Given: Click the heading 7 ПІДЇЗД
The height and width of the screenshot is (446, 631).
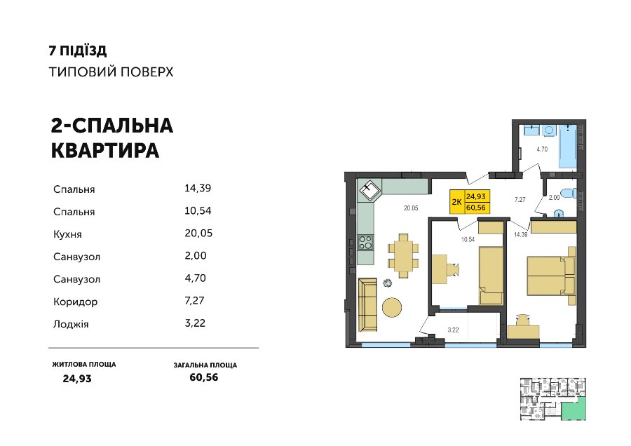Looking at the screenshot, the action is coord(78,50).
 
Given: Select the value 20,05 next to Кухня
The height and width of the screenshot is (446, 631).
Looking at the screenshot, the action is coord(198,234).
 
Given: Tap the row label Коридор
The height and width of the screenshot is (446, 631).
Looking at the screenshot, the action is coord(75,302).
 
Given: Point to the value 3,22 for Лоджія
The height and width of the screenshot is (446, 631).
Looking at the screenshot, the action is coord(195,323).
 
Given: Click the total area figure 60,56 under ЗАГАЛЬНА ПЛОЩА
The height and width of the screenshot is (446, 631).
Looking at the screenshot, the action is coord(204,377).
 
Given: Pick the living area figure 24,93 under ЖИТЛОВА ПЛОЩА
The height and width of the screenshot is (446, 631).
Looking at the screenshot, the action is coord(77,379).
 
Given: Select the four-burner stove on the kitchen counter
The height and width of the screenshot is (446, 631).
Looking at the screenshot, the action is coord(366,243).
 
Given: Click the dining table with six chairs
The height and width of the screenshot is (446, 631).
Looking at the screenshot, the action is coord(403,255).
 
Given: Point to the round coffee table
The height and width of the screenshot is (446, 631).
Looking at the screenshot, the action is coord(391,308).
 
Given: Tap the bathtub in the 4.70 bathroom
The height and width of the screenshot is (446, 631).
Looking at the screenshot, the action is coord(568,146).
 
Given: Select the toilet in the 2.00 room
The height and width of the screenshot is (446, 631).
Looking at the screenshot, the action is coord(569,194).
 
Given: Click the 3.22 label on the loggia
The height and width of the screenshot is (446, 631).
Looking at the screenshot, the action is coord(453,330).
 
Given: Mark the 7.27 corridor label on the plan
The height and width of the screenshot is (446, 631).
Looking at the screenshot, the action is coord(520,200).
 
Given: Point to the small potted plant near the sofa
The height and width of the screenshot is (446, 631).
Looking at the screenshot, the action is coord(388,283).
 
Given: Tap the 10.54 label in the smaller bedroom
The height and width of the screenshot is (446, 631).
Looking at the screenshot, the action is coord(468,240).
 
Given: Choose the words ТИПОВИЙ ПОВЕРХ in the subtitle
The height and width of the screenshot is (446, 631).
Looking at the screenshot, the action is coord(111,72).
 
